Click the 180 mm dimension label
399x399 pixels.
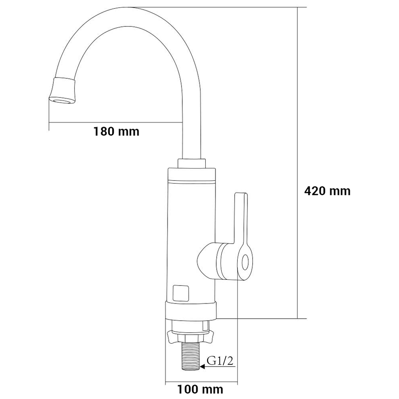117,132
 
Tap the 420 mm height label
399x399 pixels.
327,191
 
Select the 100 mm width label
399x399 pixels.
200,389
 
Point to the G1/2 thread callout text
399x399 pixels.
220,361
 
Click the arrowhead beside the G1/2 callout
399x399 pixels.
203,367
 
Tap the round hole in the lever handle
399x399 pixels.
245,262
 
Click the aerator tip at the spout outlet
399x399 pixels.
63,91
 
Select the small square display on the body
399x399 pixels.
181,293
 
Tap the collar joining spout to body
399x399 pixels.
192,163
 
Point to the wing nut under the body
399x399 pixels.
191,337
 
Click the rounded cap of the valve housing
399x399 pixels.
207,260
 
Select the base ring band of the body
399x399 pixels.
191,311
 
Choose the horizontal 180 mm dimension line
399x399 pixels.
116,123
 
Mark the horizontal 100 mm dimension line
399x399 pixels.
201,382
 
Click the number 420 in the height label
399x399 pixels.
314,191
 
